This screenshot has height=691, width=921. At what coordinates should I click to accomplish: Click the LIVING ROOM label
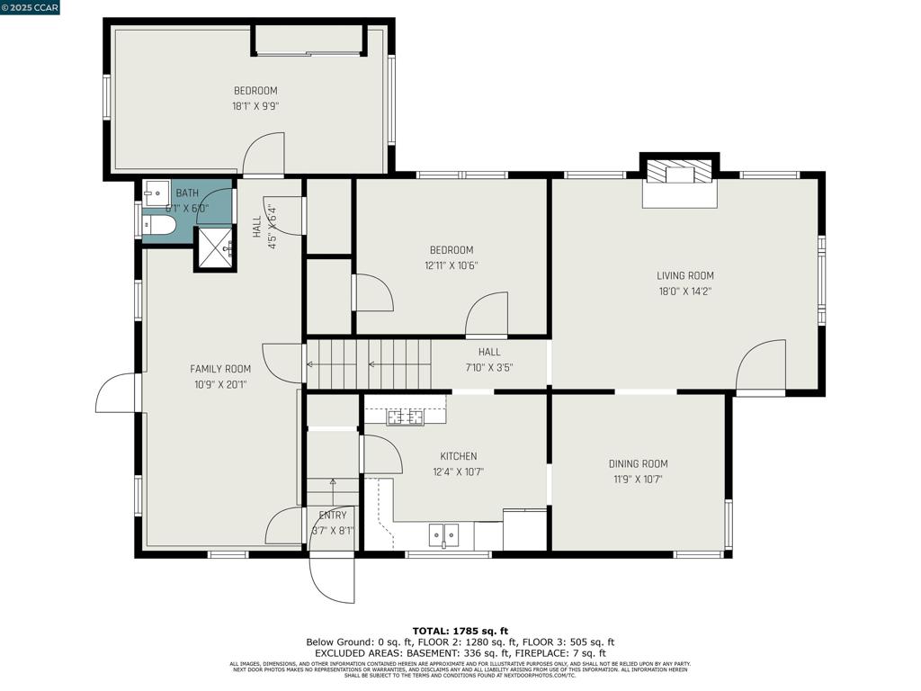684,275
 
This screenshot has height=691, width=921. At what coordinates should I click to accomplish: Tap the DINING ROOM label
638,464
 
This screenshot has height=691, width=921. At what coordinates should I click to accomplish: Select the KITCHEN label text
458,456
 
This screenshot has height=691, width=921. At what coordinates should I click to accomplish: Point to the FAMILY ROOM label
220,369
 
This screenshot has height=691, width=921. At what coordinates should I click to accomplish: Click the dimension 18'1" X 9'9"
255,105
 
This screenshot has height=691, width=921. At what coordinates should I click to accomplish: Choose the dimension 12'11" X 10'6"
451,265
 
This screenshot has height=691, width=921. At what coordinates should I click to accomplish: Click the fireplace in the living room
679,184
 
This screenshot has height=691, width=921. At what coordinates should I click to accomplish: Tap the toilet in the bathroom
158,225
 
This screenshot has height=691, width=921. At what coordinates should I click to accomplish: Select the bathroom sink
157,193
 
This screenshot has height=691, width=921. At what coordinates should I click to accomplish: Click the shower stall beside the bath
215,247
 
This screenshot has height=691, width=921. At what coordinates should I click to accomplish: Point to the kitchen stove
406,416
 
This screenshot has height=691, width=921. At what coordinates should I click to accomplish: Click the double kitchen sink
443,535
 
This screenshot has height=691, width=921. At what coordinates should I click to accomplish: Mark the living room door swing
760,367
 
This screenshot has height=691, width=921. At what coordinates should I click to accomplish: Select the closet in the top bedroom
309,40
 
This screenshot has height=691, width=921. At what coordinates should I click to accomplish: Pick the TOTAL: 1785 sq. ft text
460,631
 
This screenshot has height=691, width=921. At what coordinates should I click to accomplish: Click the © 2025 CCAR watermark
31,8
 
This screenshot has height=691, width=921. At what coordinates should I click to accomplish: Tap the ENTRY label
333,516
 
